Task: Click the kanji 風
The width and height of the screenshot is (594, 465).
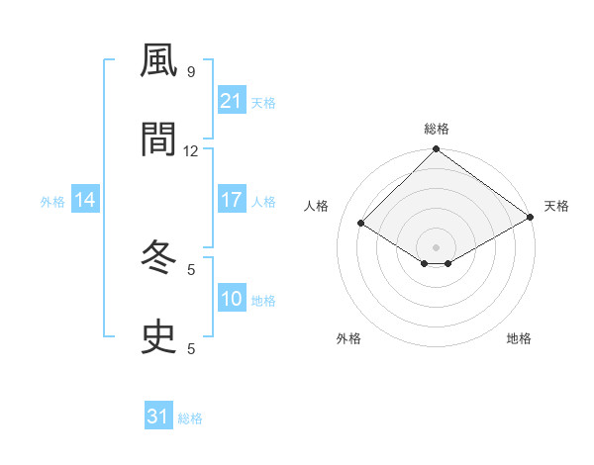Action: [x=158, y=61]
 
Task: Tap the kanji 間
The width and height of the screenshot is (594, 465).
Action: [x=158, y=140]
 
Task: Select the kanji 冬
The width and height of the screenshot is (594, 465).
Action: [x=158, y=258]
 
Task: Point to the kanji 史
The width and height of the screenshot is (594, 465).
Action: [x=158, y=337]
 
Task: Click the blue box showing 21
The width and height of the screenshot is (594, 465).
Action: [x=231, y=101]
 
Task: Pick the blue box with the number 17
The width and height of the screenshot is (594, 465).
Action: [x=231, y=200]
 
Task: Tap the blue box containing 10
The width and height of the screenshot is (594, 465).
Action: [x=231, y=299]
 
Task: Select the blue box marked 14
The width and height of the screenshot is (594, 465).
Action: [x=85, y=200]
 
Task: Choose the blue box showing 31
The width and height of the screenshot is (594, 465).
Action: [x=158, y=417]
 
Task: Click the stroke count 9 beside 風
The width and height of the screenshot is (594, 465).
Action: [x=191, y=72]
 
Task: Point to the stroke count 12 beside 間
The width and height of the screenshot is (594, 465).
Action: [x=191, y=151]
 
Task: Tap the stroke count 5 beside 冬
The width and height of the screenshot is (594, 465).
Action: [x=191, y=269]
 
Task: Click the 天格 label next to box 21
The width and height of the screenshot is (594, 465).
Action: [x=263, y=102]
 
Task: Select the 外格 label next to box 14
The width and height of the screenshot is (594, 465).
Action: [x=52, y=201]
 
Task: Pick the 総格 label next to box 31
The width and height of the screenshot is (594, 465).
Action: [x=190, y=418]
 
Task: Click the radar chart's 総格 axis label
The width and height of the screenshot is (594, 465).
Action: [x=436, y=129]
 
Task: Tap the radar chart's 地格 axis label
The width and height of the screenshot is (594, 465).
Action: [x=519, y=338]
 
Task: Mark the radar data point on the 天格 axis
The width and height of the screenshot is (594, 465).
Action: [x=530, y=219]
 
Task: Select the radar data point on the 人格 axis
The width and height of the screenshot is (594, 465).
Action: [x=361, y=224]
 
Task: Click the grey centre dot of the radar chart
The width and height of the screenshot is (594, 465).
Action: [x=436, y=246]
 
